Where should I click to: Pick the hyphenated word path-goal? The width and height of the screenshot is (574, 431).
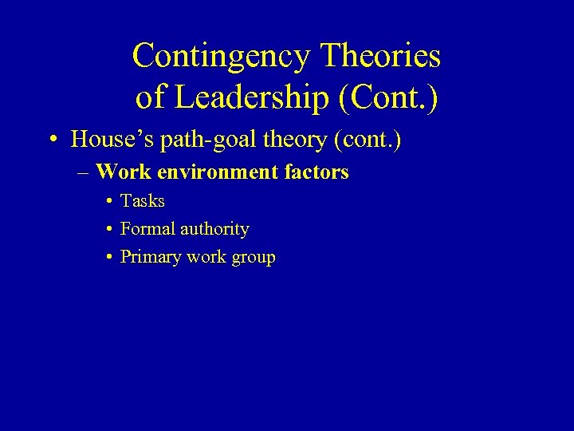[198, 140]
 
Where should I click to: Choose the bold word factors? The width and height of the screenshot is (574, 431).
[318, 172]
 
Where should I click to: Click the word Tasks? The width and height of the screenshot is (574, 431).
[142, 201]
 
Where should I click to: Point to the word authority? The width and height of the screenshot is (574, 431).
[214, 229]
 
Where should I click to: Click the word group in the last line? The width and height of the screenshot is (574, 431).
[254, 258]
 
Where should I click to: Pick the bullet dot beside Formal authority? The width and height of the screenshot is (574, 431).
[108, 230]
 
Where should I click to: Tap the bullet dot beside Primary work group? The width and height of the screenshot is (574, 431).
[108, 258]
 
